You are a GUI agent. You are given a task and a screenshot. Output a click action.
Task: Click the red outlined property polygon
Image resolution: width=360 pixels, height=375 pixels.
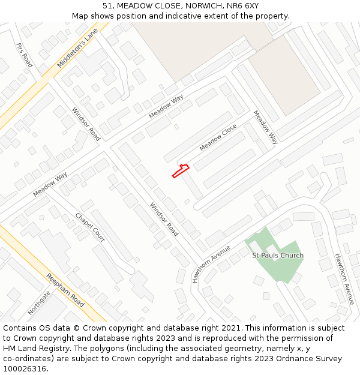pyautogui.click(x=181, y=171)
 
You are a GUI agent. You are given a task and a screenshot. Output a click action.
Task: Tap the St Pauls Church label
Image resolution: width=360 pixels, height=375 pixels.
pyautogui.click(x=278, y=256)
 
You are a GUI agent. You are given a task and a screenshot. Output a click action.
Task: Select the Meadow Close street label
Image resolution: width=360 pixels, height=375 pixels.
pyautogui.click(x=218, y=138)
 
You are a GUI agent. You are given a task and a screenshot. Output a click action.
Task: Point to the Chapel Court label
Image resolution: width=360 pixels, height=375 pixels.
pyautogui.click(x=90, y=227)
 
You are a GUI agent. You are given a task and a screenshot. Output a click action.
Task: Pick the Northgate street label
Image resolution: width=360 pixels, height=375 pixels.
pyautogui.click(x=40, y=303)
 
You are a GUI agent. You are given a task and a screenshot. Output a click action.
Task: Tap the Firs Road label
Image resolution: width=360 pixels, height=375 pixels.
pyautogui.click(x=25, y=55)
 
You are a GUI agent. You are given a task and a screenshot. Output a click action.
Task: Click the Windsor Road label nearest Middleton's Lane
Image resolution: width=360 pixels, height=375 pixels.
pyautogui.click(x=86, y=124)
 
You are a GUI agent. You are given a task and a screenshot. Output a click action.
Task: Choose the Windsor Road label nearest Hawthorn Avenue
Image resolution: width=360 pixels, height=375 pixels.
pyautogui.click(x=164, y=220)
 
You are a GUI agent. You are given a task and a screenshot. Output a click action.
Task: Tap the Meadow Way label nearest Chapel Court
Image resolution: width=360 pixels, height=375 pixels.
pyautogui.click(x=50, y=184)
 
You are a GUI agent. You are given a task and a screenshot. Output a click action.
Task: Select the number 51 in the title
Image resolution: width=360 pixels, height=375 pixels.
pyautogui.click(x=107, y=5)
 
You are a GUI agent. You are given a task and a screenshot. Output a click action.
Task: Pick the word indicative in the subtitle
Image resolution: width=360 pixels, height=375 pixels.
pyautogui.click(x=172, y=16)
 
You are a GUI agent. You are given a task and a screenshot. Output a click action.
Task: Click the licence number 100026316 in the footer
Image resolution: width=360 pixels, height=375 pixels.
pyautogui.click(x=25, y=369)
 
